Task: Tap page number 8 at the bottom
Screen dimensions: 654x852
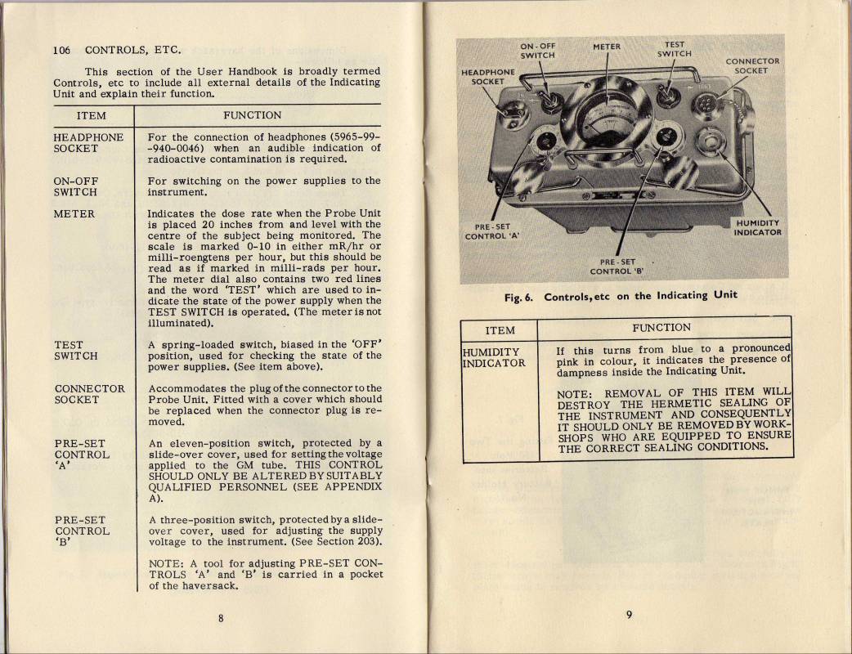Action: click(221, 617)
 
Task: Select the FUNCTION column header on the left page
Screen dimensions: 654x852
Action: click(252, 115)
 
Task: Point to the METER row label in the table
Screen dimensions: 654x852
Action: click(74, 214)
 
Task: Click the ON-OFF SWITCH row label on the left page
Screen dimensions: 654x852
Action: click(75, 186)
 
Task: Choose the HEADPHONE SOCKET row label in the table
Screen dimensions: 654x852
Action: click(87, 142)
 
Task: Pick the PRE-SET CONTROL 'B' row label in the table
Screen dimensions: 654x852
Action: click(82, 531)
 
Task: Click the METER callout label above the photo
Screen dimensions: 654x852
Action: click(606, 47)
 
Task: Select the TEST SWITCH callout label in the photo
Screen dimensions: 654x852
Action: click(675, 50)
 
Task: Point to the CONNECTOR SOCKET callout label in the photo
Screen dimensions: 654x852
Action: click(752, 65)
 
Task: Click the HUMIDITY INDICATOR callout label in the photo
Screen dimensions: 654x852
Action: click(757, 227)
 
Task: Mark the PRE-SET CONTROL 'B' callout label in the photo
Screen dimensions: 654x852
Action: click(617, 267)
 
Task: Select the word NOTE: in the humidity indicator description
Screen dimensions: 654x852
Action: click(574, 394)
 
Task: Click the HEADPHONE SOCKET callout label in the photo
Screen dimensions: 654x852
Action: click(488, 76)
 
